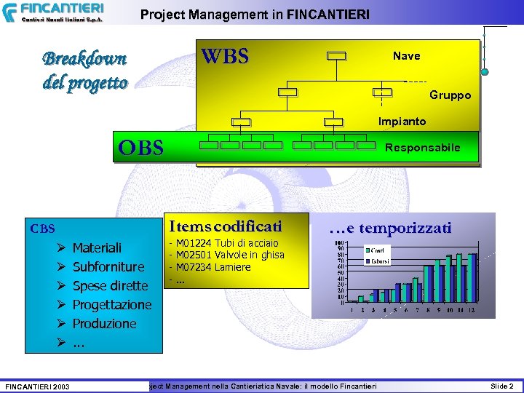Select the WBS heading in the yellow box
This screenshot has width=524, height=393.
pos(225,56)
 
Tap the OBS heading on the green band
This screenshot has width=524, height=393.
pos(141,148)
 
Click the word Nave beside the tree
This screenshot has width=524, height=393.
pos(406,55)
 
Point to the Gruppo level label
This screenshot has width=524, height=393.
pos(450,95)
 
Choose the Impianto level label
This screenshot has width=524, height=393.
pos(402,121)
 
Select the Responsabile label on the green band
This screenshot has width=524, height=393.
pos(422,148)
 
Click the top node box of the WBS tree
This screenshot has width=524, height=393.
pos(337,56)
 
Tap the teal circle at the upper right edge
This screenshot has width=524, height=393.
pos(485,71)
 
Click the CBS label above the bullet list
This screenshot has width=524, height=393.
pos(42,229)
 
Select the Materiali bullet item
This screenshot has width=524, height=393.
pos(97,248)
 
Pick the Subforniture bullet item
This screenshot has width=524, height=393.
pos(108,267)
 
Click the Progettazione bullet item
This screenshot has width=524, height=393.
pos(112,304)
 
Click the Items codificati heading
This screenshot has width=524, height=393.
pos(225,226)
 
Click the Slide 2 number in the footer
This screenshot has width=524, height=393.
pos(501,386)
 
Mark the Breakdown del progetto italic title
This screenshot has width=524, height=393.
pos(84,70)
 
